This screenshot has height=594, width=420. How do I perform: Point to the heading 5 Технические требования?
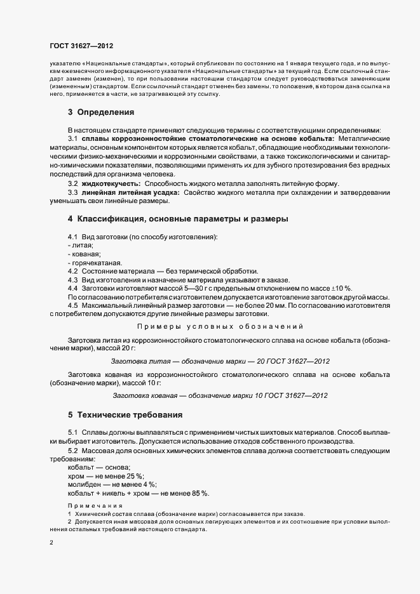(125, 415)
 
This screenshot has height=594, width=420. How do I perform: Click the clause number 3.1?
(72, 138)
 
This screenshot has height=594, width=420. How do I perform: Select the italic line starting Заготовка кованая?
(220, 395)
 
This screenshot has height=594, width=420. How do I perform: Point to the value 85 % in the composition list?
(202, 493)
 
